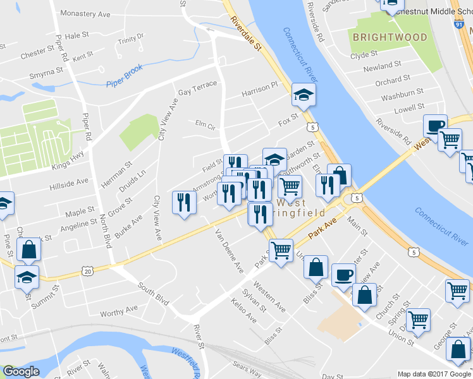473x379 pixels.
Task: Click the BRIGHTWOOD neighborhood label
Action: [390, 38]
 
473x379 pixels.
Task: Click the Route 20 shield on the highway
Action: [87, 271]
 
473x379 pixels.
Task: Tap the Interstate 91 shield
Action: [467, 25]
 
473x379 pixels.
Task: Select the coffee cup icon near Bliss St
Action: [344, 274]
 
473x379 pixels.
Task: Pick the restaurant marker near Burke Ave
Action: [184, 202]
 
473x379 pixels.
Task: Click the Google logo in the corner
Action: [21, 371]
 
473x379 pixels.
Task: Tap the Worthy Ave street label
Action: [118, 310]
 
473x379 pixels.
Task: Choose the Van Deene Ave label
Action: [230, 251]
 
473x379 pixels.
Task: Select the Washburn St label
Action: [403, 93]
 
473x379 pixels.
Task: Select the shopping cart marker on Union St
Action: [418, 320]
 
